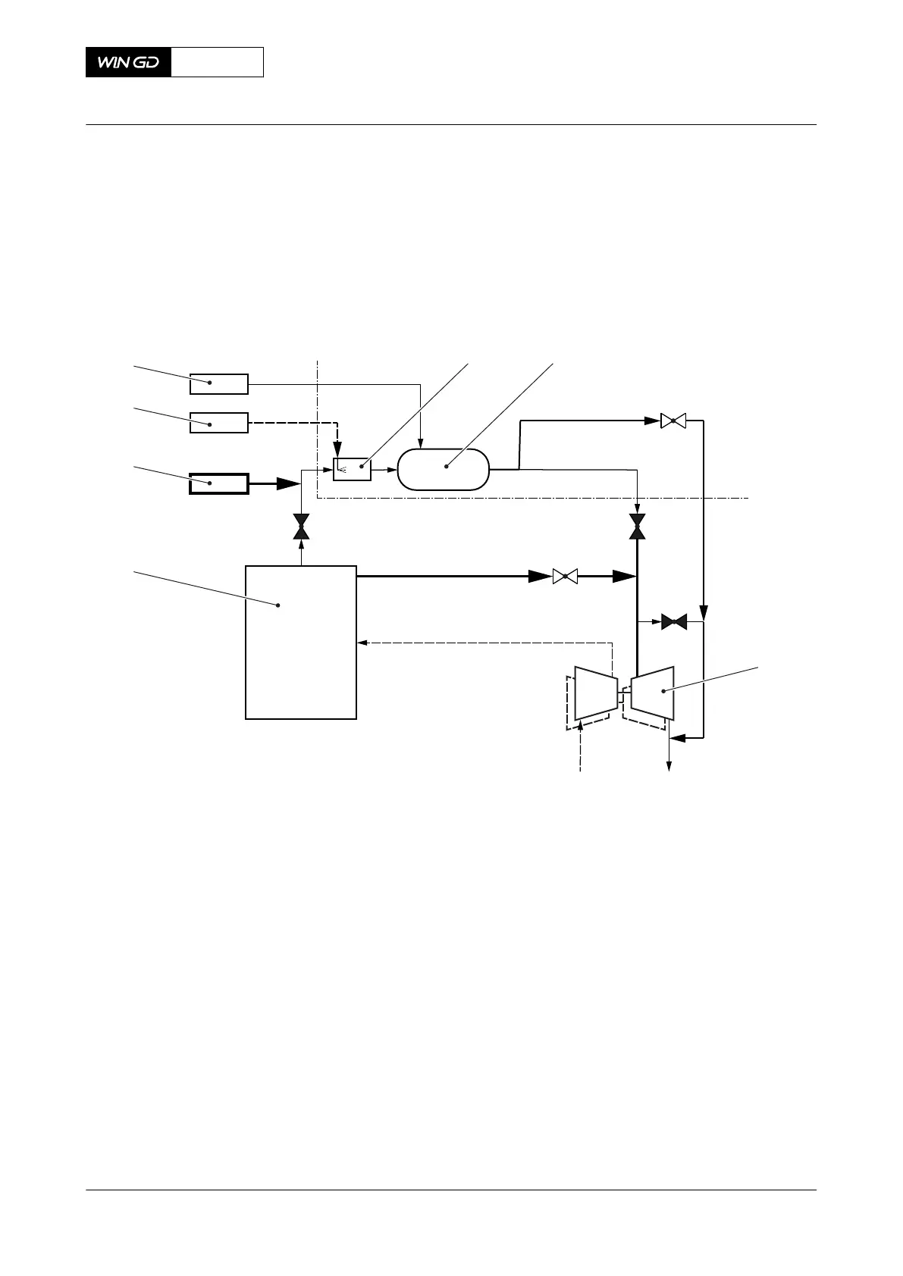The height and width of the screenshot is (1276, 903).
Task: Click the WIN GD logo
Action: pyautogui.click(x=128, y=62)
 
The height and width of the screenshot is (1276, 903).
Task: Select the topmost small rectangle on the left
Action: pyautogui.click(x=218, y=384)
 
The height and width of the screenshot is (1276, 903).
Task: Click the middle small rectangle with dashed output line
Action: pyautogui.click(x=218, y=422)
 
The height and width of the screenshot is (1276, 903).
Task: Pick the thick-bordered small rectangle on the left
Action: pyautogui.click(x=218, y=483)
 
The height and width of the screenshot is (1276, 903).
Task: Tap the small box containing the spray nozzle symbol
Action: pyautogui.click(x=353, y=469)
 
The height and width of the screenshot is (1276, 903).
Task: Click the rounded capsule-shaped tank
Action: pyautogui.click(x=444, y=469)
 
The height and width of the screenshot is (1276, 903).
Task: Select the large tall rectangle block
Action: pyautogui.click(x=301, y=642)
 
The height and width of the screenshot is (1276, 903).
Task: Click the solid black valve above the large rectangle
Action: pyautogui.click(x=302, y=527)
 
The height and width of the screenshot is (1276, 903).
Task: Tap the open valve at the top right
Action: pyautogui.click(x=673, y=421)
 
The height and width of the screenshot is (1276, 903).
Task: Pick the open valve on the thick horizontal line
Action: pyautogui.click(x=565, y=577)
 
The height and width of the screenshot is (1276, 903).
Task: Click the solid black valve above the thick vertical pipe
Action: pyautogui.click(x=638, y=527)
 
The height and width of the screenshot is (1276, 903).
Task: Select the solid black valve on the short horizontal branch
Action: pyautogui.click(x=673, y=622)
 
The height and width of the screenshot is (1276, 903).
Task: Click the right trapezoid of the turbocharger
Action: pyautogui.click(x=653, y=693)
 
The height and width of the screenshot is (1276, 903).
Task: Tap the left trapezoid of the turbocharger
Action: pyautogui.click(x=595, y=693)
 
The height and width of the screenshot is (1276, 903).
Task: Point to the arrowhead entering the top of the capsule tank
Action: pyautogui.click(x=421, y=443)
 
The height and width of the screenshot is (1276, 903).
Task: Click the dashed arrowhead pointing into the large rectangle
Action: pyautogui.click(x=362, y=643)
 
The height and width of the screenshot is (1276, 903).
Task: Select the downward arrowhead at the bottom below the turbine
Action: pyautogui.click(x=669, y=767)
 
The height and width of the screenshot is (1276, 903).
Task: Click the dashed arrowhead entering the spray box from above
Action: pyautogui.click(x=337, y=453)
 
